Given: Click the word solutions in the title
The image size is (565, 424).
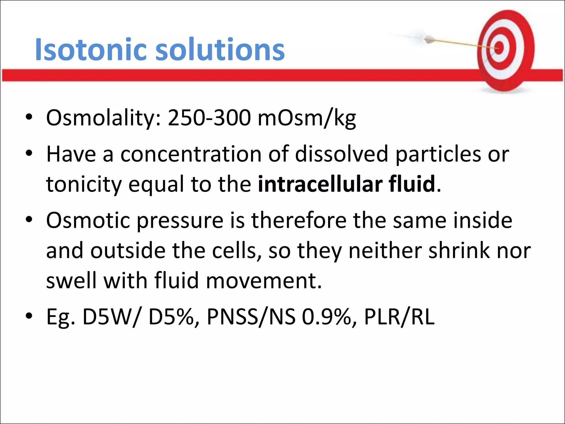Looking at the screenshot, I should [x=220, y=50].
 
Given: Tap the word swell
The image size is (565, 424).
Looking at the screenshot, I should [x=69, y=280].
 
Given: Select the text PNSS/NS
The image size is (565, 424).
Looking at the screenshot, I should [x=251, y=317].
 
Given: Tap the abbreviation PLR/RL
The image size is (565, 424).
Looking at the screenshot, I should [x=399, y=317].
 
